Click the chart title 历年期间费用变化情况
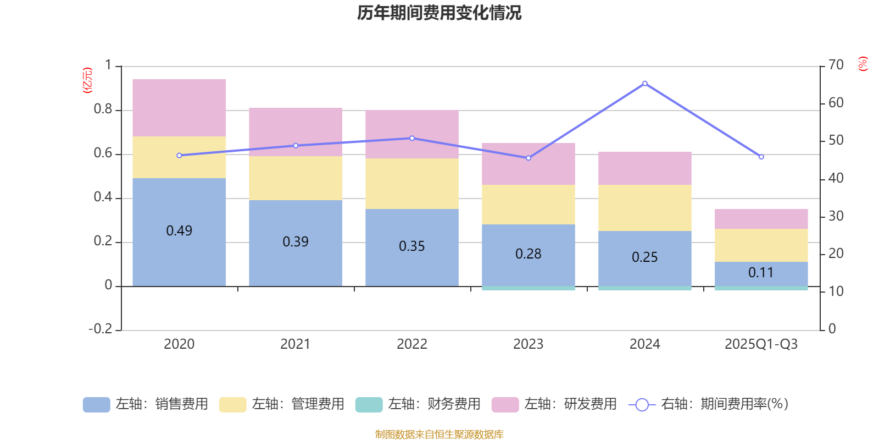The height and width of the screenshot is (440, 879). [439, 13]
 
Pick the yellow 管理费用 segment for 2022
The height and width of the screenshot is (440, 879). [412, 184]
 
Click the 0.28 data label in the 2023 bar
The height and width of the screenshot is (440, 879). [528, 254]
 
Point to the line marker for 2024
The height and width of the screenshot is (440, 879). [644, 84]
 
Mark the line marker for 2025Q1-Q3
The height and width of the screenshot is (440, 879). [761, 157]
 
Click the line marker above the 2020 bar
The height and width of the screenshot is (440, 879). [179, 156]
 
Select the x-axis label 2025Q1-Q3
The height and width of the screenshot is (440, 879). [761, 344]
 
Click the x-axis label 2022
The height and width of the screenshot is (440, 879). [412, 344]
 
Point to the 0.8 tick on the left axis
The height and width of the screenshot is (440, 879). [103, 109]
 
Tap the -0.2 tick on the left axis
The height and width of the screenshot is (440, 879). [100, 329]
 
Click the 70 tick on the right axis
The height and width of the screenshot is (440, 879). [836, 65]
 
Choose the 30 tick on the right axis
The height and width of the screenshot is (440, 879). [836, 216]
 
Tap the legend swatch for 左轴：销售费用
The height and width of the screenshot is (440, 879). [96, 405]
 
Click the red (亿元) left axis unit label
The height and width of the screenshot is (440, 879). [87, 80]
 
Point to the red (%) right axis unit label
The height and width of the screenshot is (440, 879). [863, 64]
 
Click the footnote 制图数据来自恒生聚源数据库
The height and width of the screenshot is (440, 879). [439, 435]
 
